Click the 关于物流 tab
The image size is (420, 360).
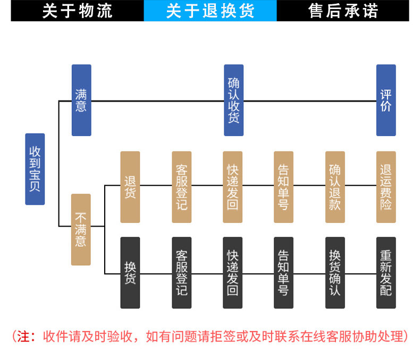(x=77, y=11)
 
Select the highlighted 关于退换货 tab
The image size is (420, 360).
(x=210, y=11)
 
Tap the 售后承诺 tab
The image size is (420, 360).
(x=343, y=11)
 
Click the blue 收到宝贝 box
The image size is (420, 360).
(x=35, y=169)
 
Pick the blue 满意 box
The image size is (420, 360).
(x=81, y=101)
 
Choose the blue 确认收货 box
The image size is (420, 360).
(x=233, y=101)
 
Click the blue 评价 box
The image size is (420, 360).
(x=386, y=101)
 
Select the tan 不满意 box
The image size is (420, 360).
(x=81, y=229)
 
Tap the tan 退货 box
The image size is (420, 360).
(x=130, y=187)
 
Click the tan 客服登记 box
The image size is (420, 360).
(x=181, y=187)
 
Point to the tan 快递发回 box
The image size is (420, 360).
(x=232, y=187)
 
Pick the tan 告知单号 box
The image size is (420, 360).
(x=283, y=187)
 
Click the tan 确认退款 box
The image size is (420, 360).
(x=335, y=187)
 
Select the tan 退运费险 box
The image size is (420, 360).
(x=386, y=187)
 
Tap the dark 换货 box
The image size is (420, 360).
(x=130, y=272)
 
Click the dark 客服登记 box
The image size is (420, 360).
(x=181, y=272)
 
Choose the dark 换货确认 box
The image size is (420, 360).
(x=335, y=272)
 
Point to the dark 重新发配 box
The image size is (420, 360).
(x=386, y=272)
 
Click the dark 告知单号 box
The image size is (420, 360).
(x=283, y=272)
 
